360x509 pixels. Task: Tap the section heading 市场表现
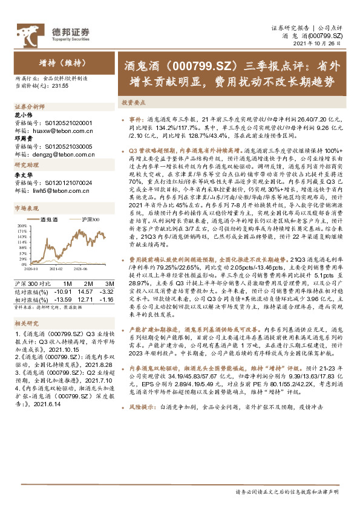(25, 207)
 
